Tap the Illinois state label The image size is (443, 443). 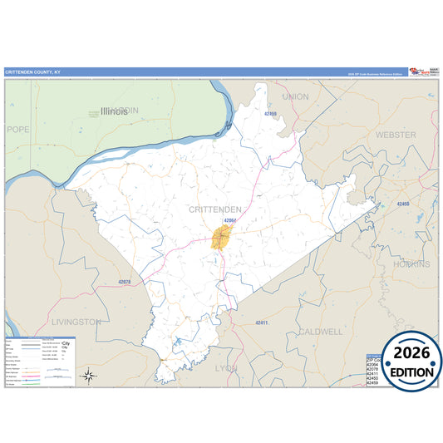(114, 111)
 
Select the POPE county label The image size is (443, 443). (17, 130)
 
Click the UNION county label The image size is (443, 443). (295, 97)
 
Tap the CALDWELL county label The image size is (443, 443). (320, 331)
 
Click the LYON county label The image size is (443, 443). (226, 367)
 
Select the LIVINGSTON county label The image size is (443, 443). (76, 321)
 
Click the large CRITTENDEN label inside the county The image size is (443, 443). (215, 209)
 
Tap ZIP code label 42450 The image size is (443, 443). (403, 204)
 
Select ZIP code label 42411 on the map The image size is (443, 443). (262, 322)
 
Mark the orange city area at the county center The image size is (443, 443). (221, 237)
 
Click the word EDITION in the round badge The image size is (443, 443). (412, 372)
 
